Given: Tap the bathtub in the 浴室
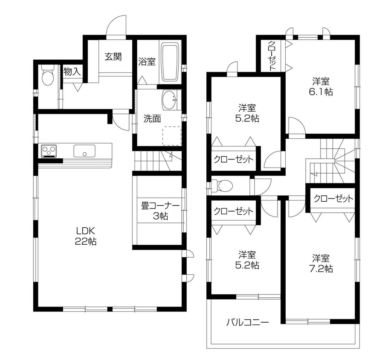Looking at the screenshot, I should point(170,62).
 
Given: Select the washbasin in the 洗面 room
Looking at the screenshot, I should point(170,100).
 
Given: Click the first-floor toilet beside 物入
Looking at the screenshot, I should point(47,76).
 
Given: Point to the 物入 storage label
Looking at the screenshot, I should point(72,72).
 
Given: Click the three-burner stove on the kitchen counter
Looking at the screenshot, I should point(49,151).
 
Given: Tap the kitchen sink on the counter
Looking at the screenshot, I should point(84,151).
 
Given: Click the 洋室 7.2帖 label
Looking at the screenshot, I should point(322,263).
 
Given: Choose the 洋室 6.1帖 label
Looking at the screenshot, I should point(322,86).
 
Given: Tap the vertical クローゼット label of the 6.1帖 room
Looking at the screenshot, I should point(272,56).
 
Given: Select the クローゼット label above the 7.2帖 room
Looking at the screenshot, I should point(333,198).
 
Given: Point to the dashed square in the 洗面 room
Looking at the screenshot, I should point(172,135).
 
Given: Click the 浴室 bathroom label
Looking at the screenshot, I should point(147,62).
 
